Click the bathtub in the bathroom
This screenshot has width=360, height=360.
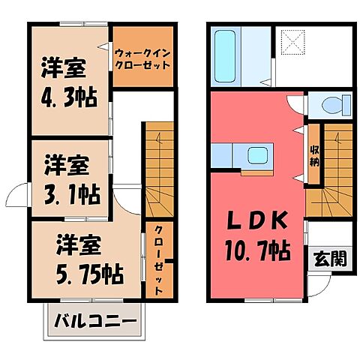pyautogui.click(x=225, y=56)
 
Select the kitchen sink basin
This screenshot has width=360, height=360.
pyautogui.click(x=257, y=155)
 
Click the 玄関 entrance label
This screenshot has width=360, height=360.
pyautogui.click(x=331, y=258)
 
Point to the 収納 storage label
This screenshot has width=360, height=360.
pyautogui.click(x=314, y=156)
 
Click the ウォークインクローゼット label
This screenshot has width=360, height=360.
pyautogui.click(x=143, y=59)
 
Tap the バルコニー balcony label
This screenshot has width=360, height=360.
pyautogui.click(x=96, y=321)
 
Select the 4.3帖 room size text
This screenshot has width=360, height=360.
pyautogui.click(x=69, y=97)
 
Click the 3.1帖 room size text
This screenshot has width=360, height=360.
pyautogui.click(x=73, y=194)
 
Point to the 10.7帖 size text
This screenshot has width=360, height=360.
pyautogui.click(x=258, y=250)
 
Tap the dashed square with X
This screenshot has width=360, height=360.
pyautogui.click(x=293, y=42)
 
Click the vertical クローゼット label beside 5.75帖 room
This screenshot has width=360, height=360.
pyautogui.click(x=158, y=260)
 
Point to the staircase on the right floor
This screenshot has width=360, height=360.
pyautogui.click(x=330, y=170)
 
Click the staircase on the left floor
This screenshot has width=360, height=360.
pyautogui.click(x=160, y=169)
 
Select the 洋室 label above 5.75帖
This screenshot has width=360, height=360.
pyautogui.click(x=79, y=245)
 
